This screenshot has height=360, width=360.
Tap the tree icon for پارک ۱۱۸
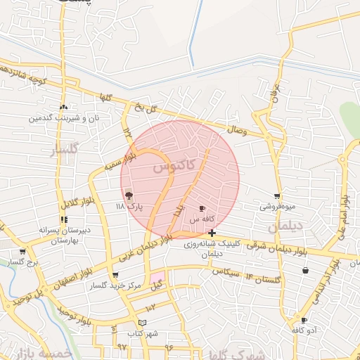coord(129,196)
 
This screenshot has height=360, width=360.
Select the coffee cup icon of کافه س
coord(202,209)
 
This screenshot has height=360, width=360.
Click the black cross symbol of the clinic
coord(212,233)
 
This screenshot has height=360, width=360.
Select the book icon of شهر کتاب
coord(143,322)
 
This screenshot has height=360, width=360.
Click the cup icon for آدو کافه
coord(304,321)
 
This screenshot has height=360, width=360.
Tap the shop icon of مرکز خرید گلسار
coord(115,275)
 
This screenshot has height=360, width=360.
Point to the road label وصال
coord(238,129)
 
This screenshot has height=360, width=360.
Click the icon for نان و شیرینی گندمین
coord(64,107)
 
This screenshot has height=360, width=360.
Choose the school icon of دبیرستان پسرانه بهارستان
coord(64,219)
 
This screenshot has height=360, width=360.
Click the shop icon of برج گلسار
coord(22,251)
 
